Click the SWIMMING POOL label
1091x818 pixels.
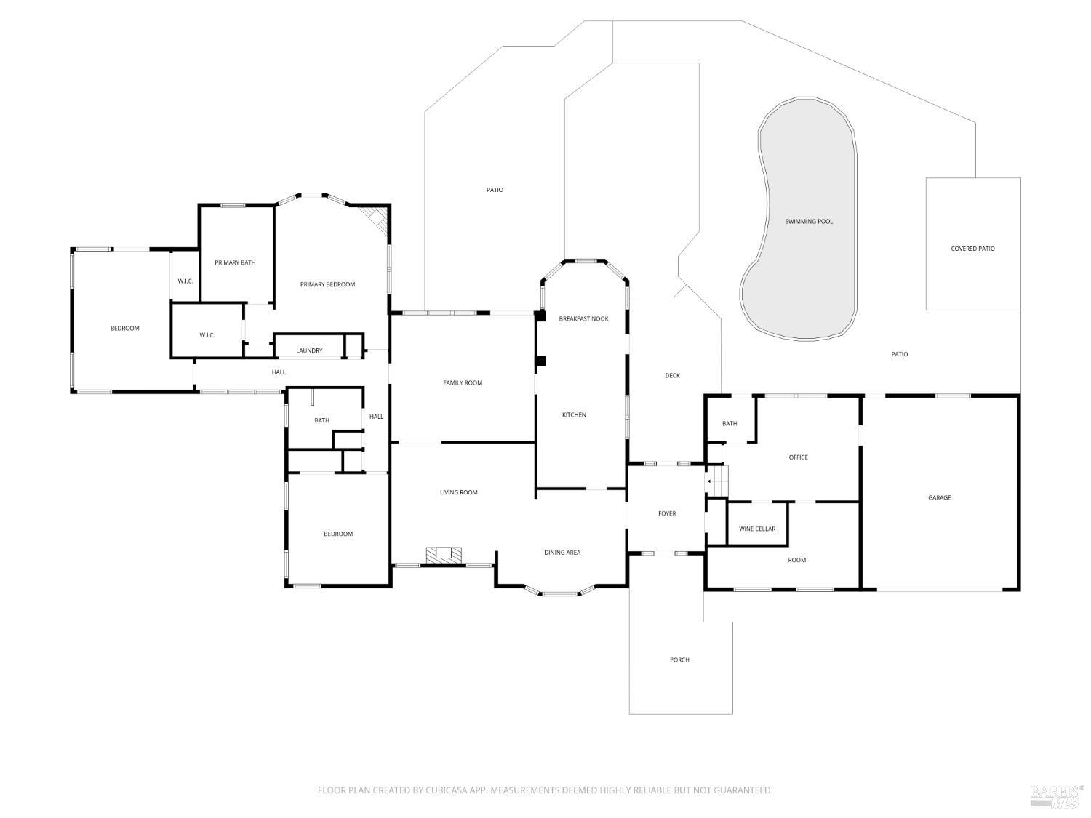tap(809, 222)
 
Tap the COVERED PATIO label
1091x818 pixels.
tap(972, 249)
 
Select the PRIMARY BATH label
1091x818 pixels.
tap(235, 262)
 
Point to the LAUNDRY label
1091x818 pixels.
tap(309, 350)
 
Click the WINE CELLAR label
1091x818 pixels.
tap(757, 529)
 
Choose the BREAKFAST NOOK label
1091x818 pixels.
tap(583, 319)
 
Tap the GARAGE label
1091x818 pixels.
tap(940, 497)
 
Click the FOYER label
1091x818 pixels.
tap(667, 513)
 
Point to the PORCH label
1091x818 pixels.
tap(679, 660)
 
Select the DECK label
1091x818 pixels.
tap(673, 375)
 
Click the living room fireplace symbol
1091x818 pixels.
tap(444, 555)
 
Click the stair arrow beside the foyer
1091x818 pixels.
tap(714, 481)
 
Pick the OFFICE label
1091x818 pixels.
tap(798, 457)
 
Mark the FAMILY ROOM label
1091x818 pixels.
tap(463, 383)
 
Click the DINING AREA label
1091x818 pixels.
tap(562, 553)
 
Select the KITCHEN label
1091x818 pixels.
tap(574, 414)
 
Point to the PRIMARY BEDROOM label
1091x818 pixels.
tap(327, 284)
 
